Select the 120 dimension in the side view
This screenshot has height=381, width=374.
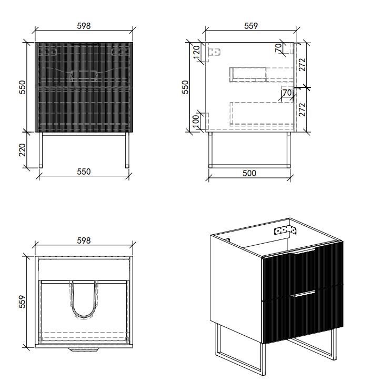click(x=196, y=52)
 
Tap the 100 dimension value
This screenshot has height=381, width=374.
click(x=196, y=121)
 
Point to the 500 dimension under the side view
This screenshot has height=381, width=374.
click(x=250, y=173)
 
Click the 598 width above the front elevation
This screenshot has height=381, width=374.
click(x=84, y=25)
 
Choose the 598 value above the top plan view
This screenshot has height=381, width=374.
click(x=84, y=240)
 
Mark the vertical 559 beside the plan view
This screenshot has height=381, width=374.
click(x=22, y=301)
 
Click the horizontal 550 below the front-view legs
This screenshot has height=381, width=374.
click(x=84, y=172)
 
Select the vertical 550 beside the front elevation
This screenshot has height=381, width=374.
click(x=22, y=86)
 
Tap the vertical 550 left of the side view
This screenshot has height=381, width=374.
click(x=185, y=86)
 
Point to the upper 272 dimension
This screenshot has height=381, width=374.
click(x=302, y=64)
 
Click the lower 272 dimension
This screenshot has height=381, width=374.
click(x=302, y=109)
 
